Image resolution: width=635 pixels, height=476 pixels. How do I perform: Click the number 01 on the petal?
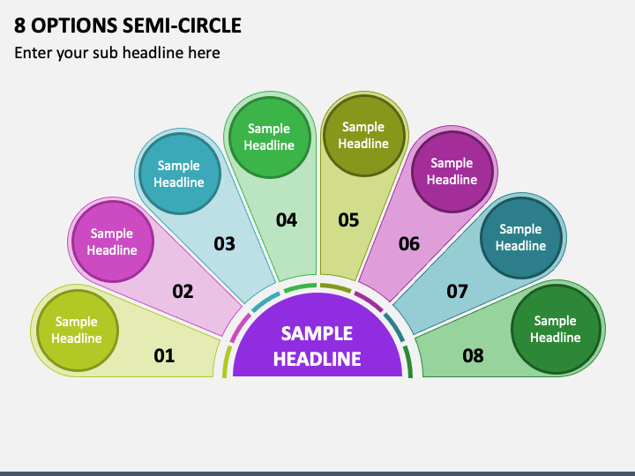click(x=164, y=356)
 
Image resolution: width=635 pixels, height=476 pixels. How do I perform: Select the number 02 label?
click(x=183, y=292)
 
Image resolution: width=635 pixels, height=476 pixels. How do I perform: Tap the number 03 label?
click(x=224, y=243)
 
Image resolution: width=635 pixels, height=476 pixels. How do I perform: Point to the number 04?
click(x=287, y=220)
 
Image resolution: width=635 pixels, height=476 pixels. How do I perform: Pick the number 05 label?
click(x=348, y=220)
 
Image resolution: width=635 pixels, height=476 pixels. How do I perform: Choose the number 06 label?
click(x=409, y=243)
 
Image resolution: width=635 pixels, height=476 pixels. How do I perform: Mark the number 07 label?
click(x=457, y=292)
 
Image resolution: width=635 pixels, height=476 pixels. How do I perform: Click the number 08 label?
click(x=473, y=356)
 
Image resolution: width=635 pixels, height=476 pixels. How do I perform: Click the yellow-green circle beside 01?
click(x=78, y=331)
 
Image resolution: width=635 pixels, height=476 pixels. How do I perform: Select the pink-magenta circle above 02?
click(x=113, y=242)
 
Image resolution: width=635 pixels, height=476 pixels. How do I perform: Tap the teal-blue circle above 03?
click(x=179, y=174)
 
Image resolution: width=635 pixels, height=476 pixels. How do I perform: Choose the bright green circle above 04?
click(x=270, y=138)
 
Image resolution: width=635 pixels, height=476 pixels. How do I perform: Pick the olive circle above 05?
click(x=364, y=136)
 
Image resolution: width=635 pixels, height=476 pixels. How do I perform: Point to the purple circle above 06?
click(x=452, y=172)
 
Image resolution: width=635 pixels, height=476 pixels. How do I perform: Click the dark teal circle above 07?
click(x=521, y=238)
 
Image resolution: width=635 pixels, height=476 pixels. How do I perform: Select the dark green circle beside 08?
click(x=556, y=329)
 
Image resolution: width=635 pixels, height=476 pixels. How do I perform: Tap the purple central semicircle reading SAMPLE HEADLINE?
click(x=317, y=340)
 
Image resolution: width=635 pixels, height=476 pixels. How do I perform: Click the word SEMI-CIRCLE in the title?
click(x=182, y=25)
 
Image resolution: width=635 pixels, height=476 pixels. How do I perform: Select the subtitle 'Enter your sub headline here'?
click(x=117, y=53)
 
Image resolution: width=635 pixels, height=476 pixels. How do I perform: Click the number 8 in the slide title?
click(x=19, y=25)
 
